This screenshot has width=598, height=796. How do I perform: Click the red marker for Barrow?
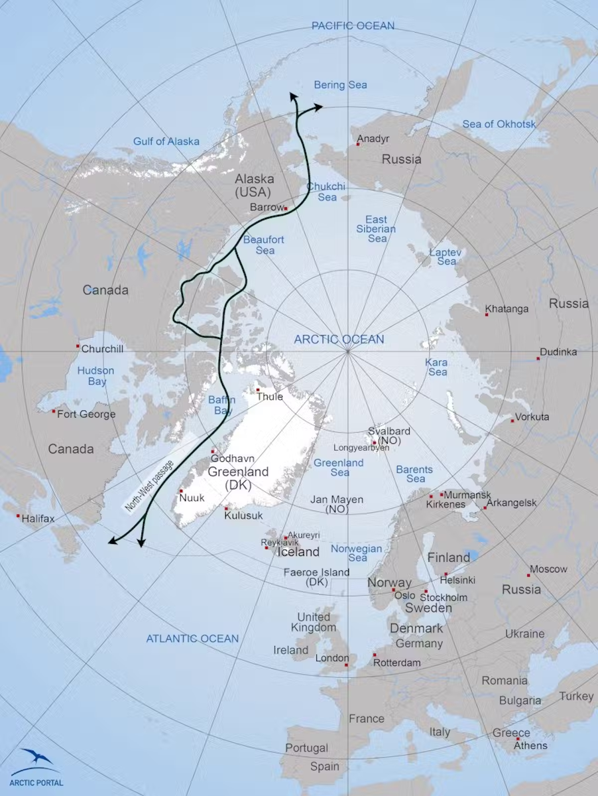pos(286,208)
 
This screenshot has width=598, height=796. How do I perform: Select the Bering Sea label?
pos(340,85)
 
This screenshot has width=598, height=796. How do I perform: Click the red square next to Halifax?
pos(17,515)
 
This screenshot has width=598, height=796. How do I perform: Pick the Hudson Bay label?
pos(95,376)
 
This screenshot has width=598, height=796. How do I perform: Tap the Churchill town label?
pos(102,348)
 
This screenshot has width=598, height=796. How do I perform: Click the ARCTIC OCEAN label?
pos(339,340)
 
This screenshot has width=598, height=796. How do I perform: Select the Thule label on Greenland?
pos(270,397)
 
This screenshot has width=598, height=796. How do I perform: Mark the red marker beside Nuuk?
pos(181,491)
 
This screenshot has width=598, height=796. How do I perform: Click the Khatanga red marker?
pos(487,314)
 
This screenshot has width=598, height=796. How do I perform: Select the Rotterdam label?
pos(397,663)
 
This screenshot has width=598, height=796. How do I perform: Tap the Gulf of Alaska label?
pos(166,141)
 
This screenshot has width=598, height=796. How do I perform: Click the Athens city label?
pos(532,746)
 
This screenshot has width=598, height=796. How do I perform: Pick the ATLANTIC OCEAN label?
pos(192,639)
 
